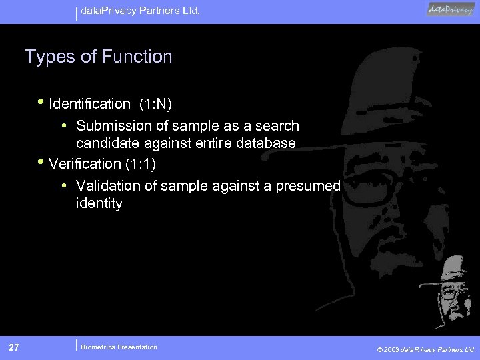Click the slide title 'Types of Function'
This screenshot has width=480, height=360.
[99, 57]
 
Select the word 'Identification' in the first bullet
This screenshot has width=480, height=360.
[90, 104]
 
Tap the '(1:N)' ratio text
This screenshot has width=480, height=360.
[156, 104]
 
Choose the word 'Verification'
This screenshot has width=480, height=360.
[85, 164]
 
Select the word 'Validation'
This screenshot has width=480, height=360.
[108, 186]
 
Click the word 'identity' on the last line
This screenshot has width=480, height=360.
[99, 203]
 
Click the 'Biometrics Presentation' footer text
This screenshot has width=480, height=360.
[119, 347]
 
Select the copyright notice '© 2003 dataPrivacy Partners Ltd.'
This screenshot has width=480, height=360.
[426, 349]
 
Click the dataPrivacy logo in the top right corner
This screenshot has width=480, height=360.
[450, 9]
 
